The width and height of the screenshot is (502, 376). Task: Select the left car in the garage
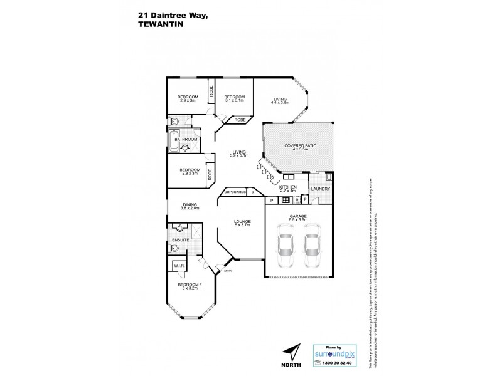point(286,246)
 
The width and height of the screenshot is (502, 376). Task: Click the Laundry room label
point(320,188)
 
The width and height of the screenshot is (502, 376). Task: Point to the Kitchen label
point(287,187)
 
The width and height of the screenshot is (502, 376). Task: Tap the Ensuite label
point(181,239)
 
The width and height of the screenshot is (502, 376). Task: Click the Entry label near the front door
point(219,270)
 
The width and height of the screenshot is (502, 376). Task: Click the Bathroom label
point(186,139)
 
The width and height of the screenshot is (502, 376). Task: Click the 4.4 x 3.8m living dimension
point(280,102)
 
